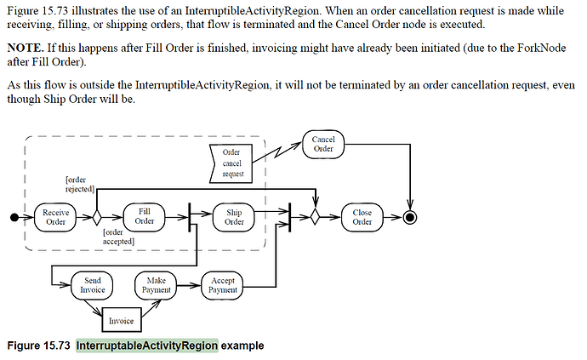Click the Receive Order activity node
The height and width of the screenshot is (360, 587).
click(55, 217)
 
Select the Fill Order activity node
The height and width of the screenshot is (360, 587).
click(144, 217)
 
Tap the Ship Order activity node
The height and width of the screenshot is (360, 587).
click(234, 217)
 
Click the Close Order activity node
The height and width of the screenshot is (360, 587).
click(362, 217)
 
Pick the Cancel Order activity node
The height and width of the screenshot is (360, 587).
click(323, 144)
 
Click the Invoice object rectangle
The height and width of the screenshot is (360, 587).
click(121, 321)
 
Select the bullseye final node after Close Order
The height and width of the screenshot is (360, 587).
click(409, 217)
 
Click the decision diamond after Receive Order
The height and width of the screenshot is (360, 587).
click(97, 217)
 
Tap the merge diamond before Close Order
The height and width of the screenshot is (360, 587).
click(315, 217)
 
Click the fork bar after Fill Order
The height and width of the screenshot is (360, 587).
click(189, 217)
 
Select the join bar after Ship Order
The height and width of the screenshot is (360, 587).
click(290, 217)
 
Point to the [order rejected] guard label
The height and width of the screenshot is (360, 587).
click(81, 184)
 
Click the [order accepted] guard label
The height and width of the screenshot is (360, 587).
click(119, 236)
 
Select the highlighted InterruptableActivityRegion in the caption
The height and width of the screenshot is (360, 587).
click(146, 346)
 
